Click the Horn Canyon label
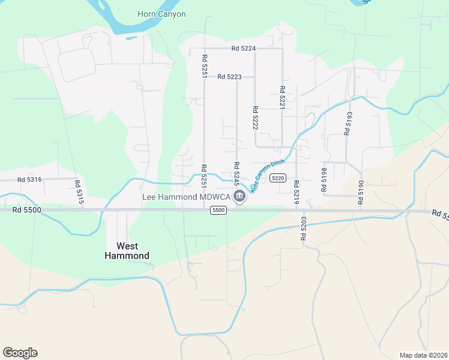click(x=161, y=14)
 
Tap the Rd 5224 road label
click(x=244, y=49)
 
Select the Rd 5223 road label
click(x=229, y=77)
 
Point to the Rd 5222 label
click(x=255, y=118)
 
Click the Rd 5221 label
click(x=282, y=98)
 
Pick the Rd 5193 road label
click(x=348, y=122)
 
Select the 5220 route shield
click(x=277, y=178)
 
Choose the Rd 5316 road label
click(x=29, y=179)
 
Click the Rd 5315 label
click(x=78, y=193)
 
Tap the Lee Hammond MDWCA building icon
click(x=240, y=196)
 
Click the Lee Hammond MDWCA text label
click(x=186, y=197)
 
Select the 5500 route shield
click(x=218, y=210)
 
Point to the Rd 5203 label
click(x=303, y=228)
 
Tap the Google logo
click(x=20, y=353)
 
